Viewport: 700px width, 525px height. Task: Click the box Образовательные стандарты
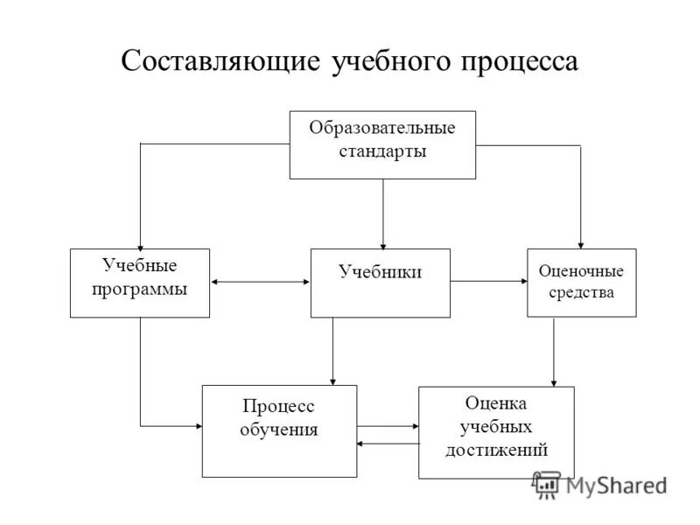[382, 144]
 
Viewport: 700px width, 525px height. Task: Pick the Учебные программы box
[140, 283]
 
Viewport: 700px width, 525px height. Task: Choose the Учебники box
[381, 283]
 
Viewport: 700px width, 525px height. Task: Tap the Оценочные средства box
[581, 283]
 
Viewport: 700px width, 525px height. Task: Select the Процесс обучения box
[279, 430]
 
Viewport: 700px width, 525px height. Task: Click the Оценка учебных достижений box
[496, 431]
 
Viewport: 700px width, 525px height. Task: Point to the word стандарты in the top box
[382, 152]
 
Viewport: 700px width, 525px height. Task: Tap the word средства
[581, 292]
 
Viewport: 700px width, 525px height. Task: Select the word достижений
[496, 451]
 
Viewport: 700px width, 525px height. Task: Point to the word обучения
[279, 430]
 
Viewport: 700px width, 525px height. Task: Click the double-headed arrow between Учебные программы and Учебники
[260, 282]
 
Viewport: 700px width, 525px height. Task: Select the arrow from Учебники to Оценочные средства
[488, 282]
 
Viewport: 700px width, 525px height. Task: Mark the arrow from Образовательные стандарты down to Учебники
[382, 214]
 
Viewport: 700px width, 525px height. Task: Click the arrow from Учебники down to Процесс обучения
[332, 350]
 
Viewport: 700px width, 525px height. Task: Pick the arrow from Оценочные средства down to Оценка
[554, 350]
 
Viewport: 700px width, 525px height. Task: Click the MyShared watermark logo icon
[547, 484]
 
